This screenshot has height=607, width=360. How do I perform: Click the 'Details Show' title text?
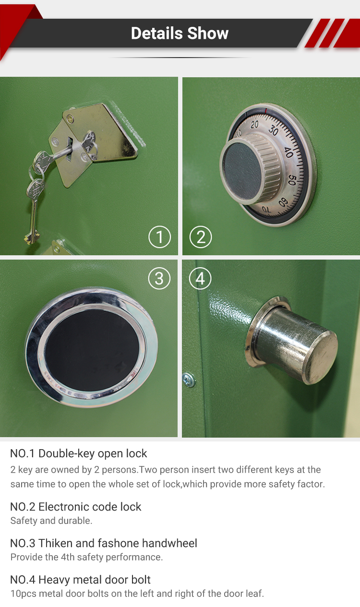click(x=180, y=33)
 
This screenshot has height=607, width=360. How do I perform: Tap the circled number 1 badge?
click(x=159, y=237)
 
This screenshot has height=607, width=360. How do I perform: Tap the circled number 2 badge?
click(x=201, y=237)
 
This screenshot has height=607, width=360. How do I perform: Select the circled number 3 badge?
click(x=159, y=279)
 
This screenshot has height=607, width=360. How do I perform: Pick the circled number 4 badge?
click(x=201, y=279)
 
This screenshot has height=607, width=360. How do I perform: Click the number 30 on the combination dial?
click(x=273, y=131)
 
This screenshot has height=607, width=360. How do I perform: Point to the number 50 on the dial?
click(x=292, y=180)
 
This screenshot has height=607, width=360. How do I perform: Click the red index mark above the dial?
click(x=265, y=111)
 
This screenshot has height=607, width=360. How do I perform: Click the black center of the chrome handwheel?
click(x=92, y=348)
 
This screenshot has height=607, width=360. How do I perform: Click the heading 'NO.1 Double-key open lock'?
click(x=79, y=453)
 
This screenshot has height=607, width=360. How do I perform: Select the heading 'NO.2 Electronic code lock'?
click(x=76, y=507)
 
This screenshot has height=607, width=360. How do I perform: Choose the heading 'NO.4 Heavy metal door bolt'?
click(x=81, y=580)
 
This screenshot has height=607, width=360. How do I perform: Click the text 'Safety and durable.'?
click(x=51, y=521)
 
